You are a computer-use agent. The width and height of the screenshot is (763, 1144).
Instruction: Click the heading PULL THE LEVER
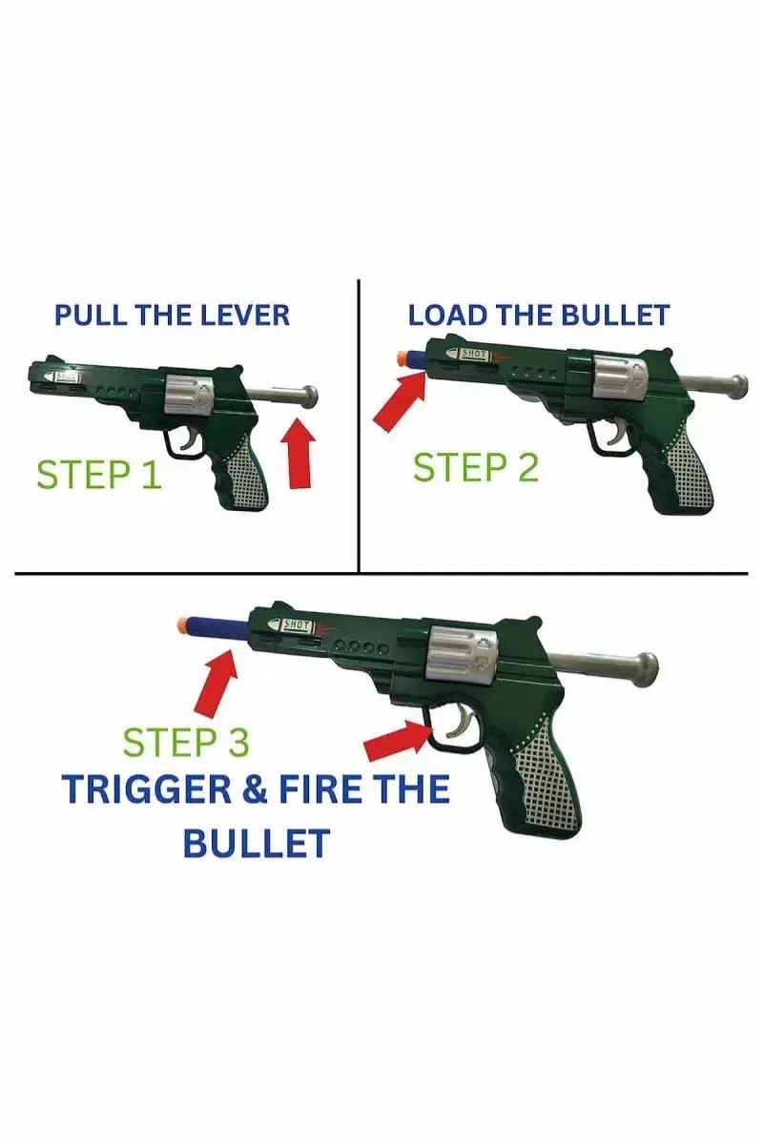pyautogui.click(x=172, y=315)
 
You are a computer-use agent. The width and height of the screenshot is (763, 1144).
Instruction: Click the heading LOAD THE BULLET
pyautogui.click(x=539, y=315)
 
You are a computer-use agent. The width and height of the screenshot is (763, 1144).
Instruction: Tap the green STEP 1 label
pyautogui.click(x=98, y=475)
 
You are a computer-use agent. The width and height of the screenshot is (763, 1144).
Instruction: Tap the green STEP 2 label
pyautogui.click(x=475, y=468)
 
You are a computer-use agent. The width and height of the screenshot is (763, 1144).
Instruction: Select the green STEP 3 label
pyautogui.click(x=187, y=742)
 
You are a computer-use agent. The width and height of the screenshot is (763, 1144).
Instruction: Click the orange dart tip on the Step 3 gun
pyautogui.click(x=181, y=625)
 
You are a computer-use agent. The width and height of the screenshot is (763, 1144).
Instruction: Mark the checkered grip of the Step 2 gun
pyautogui.click(x=686, y=467)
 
